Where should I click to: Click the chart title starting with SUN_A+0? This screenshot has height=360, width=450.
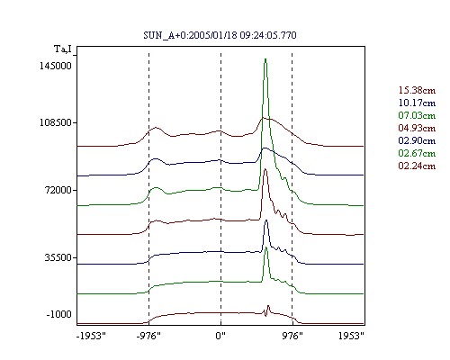[x=220, y=35]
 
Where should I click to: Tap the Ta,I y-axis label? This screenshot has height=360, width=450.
[x=63, y=49]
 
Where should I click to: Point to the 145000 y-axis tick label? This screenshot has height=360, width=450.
[x=56, y=66]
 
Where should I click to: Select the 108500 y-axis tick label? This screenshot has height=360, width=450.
[x=56, y=122]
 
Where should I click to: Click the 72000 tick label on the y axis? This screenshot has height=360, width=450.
[x=58, y=190]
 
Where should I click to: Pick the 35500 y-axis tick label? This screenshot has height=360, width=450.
[x=58, y=257]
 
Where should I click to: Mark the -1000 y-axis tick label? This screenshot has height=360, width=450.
[x=58, y=314]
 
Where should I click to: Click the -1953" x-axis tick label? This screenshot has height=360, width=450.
[x=91, y=336]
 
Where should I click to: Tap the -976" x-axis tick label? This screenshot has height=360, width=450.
[x=148, y=336]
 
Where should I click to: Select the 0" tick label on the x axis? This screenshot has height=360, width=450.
[x=220, y=336]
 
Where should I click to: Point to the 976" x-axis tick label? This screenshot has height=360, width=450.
[x=292, y=336]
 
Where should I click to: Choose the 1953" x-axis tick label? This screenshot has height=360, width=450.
[x=351, y=336]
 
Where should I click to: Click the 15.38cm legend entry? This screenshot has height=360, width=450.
[x=417, y=90]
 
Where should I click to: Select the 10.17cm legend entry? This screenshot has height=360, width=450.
[x=417, y=103]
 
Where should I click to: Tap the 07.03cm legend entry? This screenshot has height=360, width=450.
[x=417, y=115]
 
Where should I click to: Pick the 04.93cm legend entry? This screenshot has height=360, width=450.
[x=417, y=128]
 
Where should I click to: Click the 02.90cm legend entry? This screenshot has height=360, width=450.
[x=417, y=140]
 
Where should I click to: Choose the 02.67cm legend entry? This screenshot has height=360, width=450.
[x=417, y=153]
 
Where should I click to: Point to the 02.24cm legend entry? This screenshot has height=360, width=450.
[x=417, y=166]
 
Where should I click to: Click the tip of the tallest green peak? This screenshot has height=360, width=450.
[x=265, y=58]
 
